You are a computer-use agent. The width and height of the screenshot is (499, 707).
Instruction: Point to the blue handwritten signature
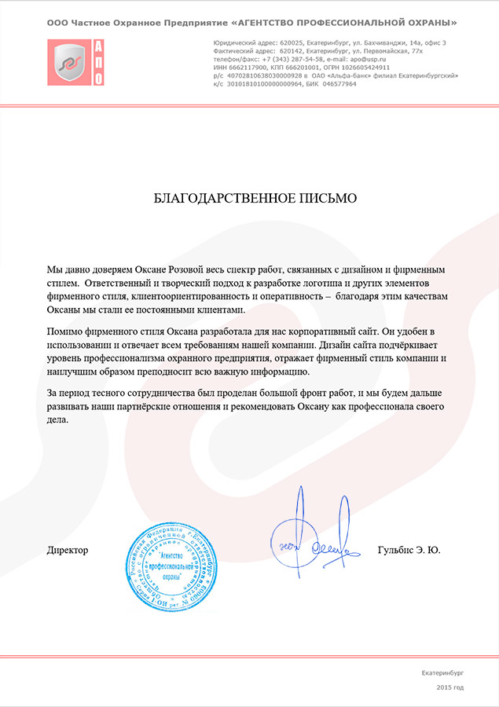[310, 534]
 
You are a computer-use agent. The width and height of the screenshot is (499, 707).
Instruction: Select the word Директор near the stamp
[68, 550]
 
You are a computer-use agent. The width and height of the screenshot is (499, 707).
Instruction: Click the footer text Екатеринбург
[443, 673]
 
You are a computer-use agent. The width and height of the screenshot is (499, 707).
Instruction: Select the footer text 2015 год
[450, 687]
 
